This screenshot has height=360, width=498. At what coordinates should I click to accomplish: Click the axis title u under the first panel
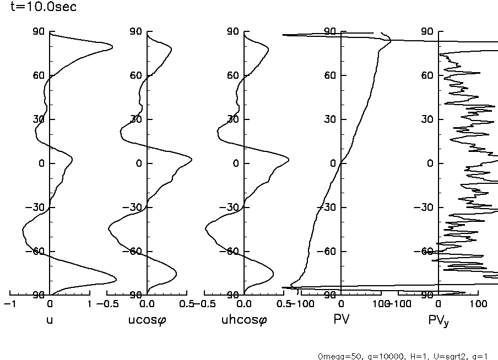tap(50, 319)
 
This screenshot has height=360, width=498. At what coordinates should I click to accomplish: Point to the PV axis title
tap(342, 319)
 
